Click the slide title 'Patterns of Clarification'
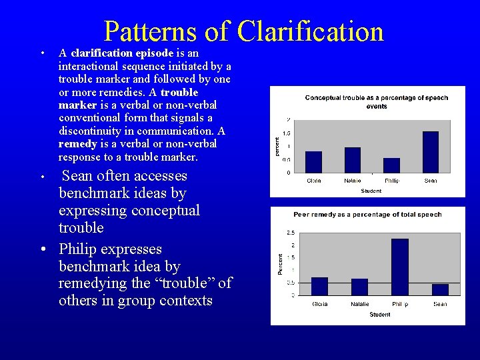[x=243, y=31]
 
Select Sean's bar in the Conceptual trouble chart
[x=431, y=152]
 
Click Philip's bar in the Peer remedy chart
[x=399, y=267]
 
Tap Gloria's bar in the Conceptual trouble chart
[x=313, y=162]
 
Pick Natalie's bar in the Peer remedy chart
[x=359, y=287]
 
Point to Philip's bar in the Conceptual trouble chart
[x=392, y=165]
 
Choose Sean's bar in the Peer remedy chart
[x=440, y=289]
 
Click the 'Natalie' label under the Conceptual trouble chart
[x=353, y=181]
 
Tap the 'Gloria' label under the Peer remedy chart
[x=320, y=304]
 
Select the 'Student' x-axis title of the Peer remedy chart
[x=380, y=315]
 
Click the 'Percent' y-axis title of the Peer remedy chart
[x=280, y=264]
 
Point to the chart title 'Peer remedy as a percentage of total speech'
[x=367, y=215]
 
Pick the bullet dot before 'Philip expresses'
[x=42, y=250]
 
